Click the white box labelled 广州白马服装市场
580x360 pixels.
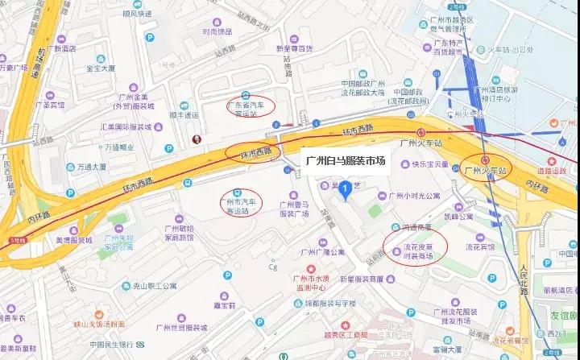pos(346,160)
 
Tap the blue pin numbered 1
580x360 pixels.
pos(345,190)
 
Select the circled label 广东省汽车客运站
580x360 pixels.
pos(249,108)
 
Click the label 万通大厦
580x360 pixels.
pos(91,167)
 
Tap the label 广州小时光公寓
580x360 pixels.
pos(414,196)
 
